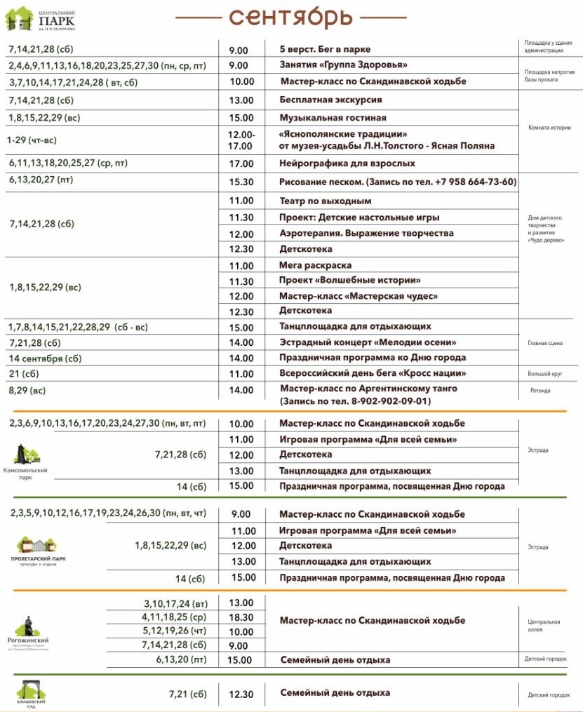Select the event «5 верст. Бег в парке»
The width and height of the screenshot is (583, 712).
click(x=325, y=49)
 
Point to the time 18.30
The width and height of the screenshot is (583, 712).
click(x=241, y=617)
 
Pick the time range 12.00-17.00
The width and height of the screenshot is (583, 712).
click(x=241, y=140)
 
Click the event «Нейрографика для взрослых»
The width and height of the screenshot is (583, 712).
click(x=347, y=163)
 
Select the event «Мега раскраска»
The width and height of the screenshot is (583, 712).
click(x=315, y=265)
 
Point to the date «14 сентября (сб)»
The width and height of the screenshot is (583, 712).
click(x=46, y=358)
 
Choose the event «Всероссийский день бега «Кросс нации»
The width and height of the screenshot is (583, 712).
click(x=373, y=374)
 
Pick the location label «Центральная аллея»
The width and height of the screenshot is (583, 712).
click(x=544, y=626)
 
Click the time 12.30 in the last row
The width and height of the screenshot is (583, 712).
click(x=241, y=694)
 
